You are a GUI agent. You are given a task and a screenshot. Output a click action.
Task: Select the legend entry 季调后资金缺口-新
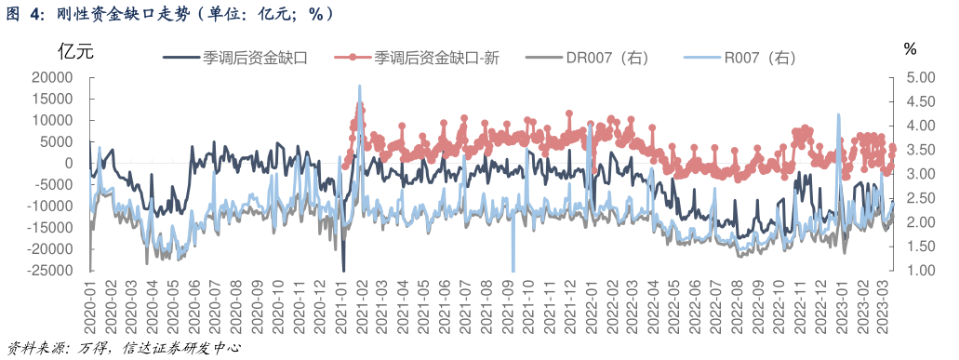click(438, 58)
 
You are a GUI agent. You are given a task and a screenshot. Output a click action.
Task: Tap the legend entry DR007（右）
click(607, 58)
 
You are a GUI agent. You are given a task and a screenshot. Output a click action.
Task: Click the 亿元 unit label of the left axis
click(76, 49)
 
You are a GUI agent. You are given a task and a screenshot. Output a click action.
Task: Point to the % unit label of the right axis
click(910, 49)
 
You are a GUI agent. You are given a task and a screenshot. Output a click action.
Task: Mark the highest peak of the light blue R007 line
click(359, 86)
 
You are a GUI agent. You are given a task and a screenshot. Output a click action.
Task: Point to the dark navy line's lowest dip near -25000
click(343, 270)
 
